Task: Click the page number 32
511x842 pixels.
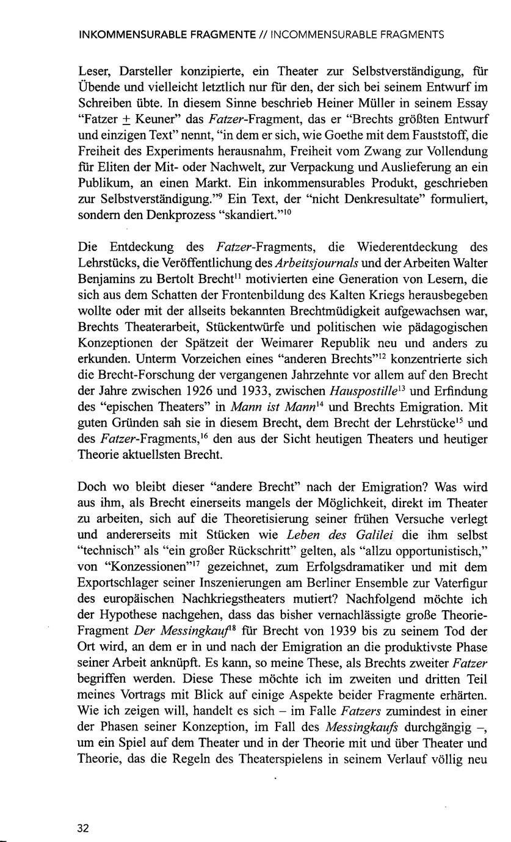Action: coord(84,828)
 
